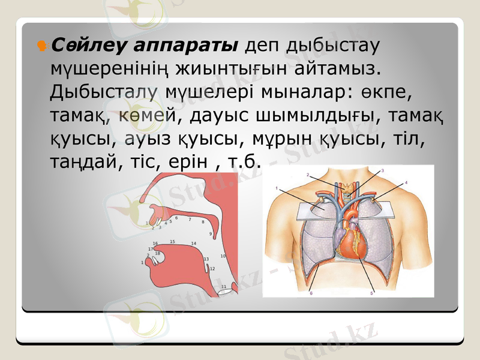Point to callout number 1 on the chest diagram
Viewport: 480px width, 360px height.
pyautogui.click(x=277, y=188)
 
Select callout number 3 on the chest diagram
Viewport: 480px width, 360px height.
pyautogui.click(x=382, y=170)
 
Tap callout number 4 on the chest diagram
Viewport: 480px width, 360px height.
pyautogui.click(x=406, y=182)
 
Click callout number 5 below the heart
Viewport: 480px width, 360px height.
pyautogui.click(x=371, y=293)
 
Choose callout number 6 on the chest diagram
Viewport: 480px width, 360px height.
pyautogui.click(x=311, y=293)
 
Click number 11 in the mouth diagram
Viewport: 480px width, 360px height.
pyautogui.click(x=224, y=287)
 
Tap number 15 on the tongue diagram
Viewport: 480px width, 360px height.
pyautogui.click(x=172, y=242)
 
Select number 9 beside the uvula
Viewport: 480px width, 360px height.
pyautogui.click(x=210, y=233)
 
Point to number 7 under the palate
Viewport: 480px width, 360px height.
pyautogui.click(x=189, y=220)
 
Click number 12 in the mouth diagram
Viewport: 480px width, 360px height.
pyautogui.click(x=212, y=269)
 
